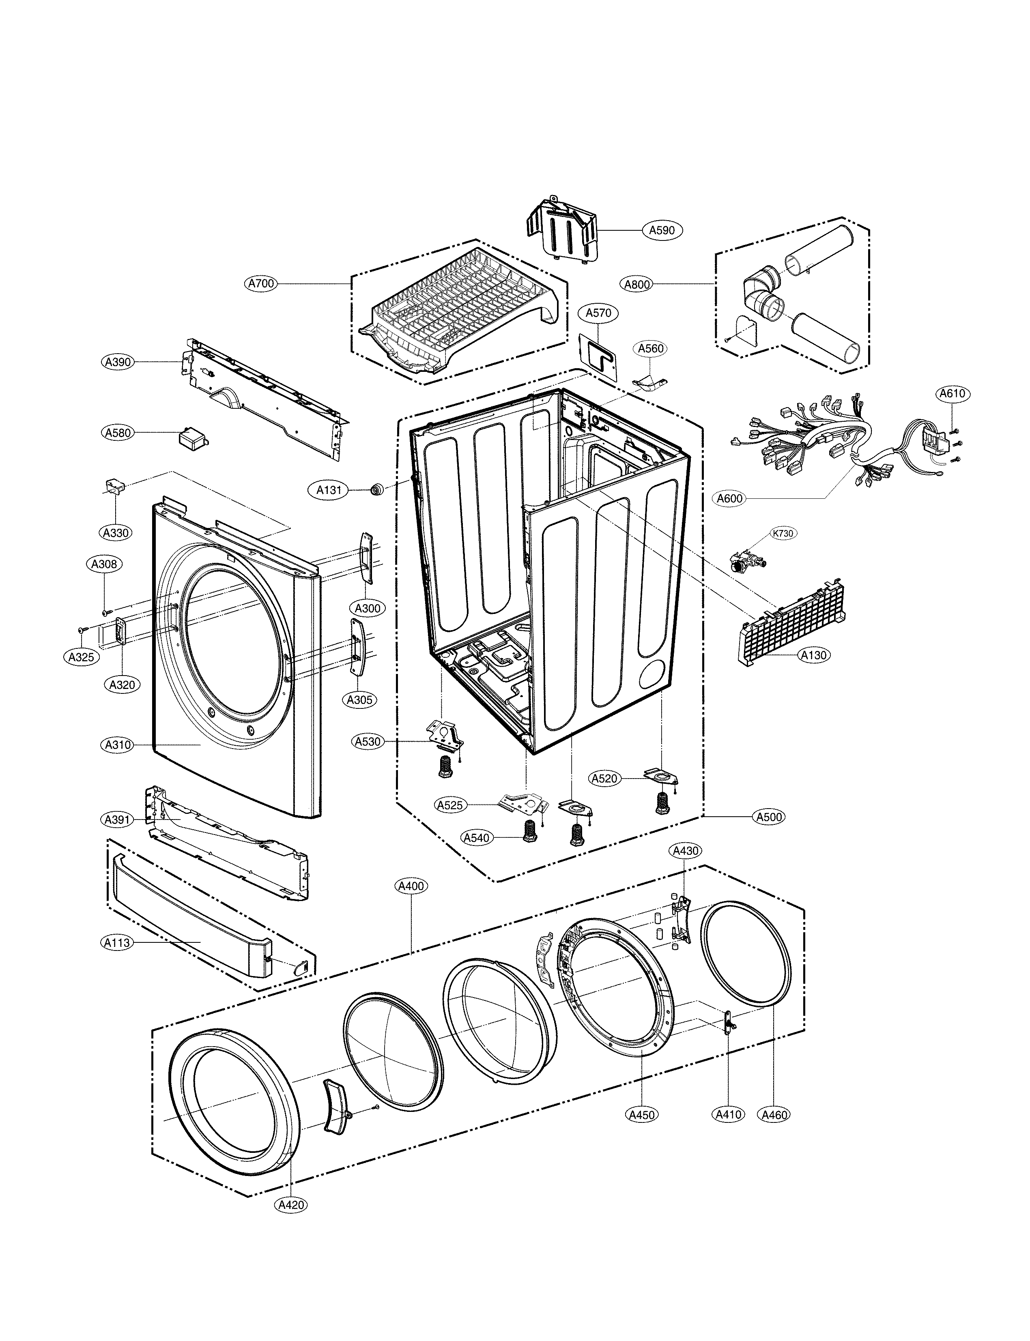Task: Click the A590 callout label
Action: point(662,230)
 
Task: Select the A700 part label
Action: point(261,284)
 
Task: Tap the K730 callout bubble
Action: point(783,533)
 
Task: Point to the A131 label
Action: point(329,490)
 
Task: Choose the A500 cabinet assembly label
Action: point(769,817)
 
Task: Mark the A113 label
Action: point(116,943)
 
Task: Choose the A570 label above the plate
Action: point(598,313)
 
